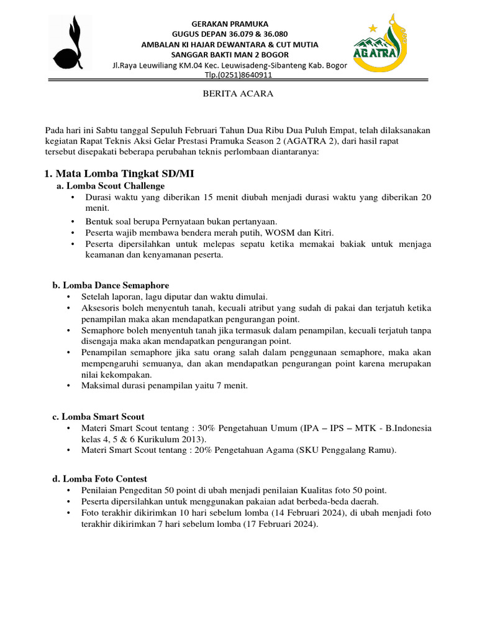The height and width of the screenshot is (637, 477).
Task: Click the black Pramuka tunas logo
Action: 72,44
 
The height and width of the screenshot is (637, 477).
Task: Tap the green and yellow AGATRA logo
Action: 381,42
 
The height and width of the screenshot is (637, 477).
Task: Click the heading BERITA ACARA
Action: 238,95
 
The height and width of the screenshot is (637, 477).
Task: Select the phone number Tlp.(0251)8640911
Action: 238,75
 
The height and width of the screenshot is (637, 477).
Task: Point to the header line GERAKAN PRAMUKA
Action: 238,22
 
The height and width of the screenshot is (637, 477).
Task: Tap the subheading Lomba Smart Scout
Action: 103,416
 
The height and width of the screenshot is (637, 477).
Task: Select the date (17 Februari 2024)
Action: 279,524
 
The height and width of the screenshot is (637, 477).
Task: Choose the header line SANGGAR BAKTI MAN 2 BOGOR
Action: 238,55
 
